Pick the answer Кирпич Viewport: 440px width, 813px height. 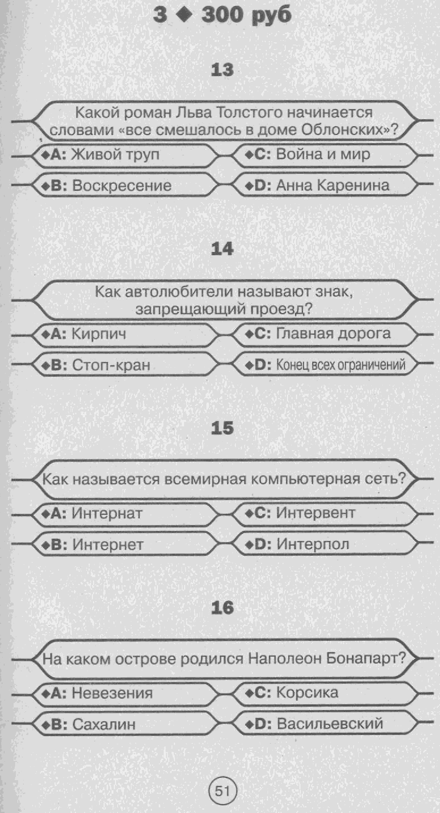(x=99, y=334)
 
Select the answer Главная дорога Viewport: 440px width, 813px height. (x=333, y=333)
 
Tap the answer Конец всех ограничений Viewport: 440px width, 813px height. (x=341, y=365)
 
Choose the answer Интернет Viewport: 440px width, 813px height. (x=108, y=545)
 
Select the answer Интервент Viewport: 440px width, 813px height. (x=316, y=513)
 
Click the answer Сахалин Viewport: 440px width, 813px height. (x=104, y=724)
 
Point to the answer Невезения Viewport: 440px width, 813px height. (x=112, y=693)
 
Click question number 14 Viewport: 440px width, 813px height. (x=222, y=249)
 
